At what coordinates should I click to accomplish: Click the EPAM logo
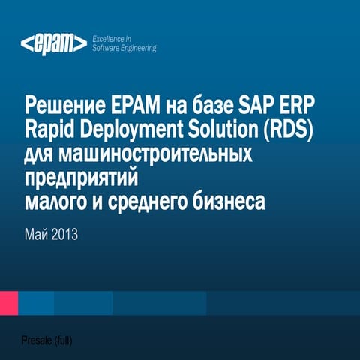(x=52, y=44)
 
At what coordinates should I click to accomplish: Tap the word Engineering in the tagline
(x=137, y=48)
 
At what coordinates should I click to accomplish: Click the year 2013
(x=63, y=235)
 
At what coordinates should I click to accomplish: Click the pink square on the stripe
(x=8, y=302)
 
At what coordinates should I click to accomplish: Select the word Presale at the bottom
(x=37, y=340)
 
